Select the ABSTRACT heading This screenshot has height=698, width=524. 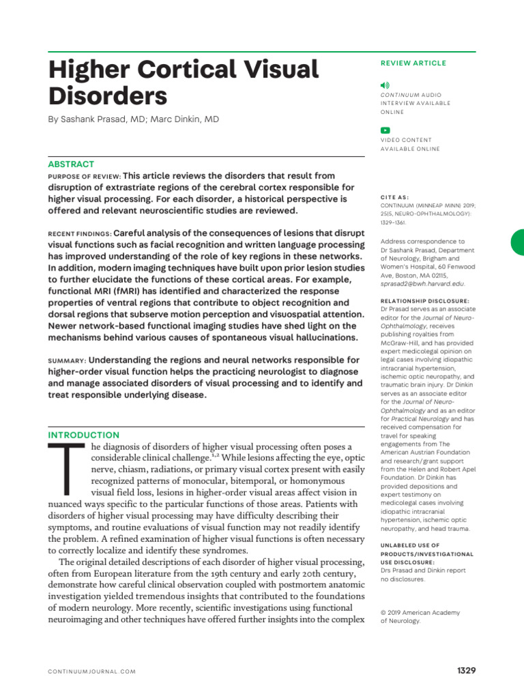(71, 164)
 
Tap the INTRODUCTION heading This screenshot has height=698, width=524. (83, 435)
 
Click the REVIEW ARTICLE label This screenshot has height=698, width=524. (413, 63)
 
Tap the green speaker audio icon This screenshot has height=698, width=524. (385, 85)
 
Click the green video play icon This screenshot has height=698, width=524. (385, 130)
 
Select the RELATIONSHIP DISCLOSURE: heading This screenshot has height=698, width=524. (424, 301)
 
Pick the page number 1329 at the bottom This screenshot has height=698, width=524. (466, 671)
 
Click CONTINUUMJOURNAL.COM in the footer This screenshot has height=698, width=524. (91, 671)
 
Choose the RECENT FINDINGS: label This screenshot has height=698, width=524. (79, 233)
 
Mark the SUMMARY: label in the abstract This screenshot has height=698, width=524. (66, 360)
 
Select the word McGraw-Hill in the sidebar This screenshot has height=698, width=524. (403, 345)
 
